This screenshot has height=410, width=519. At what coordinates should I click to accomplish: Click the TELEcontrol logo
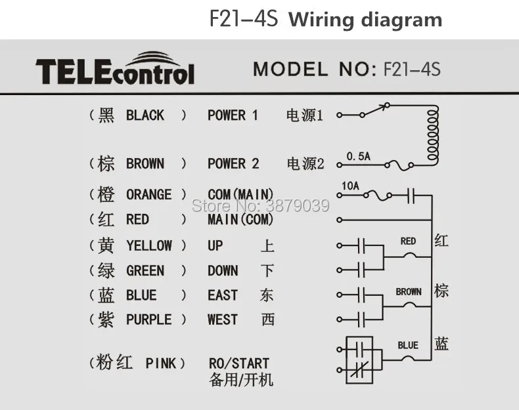[115, 69]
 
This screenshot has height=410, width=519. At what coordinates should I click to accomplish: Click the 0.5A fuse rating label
[358, 156]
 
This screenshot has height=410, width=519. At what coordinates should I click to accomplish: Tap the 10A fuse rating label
[351, 186]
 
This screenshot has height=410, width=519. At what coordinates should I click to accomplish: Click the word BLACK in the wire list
[145, 115]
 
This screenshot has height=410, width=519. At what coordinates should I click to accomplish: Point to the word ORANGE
[149, 195]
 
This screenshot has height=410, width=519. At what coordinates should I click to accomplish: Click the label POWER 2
[233, 163]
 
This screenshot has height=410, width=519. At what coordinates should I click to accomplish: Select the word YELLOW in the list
[149, 245]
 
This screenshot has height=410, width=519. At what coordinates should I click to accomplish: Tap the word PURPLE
[149, 319]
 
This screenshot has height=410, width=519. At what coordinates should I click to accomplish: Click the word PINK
[161, 363]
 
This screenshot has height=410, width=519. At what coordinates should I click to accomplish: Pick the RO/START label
[239, 363]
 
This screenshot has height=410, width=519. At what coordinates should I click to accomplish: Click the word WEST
[223, 319]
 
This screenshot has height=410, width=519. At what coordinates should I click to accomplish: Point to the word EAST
[223, 295]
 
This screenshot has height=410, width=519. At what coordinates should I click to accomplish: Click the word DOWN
[223, 270]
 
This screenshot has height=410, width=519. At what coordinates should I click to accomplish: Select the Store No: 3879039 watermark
[261, 206]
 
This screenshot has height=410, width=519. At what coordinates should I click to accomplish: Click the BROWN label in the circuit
[409, 292]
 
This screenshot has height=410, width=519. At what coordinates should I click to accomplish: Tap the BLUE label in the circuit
[408, 345]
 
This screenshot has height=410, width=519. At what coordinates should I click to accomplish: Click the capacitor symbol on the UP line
[361, 245]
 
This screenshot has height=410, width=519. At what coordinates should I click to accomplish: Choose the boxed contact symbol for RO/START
[359, 359]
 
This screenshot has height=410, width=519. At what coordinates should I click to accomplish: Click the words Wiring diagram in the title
[365, 20]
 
